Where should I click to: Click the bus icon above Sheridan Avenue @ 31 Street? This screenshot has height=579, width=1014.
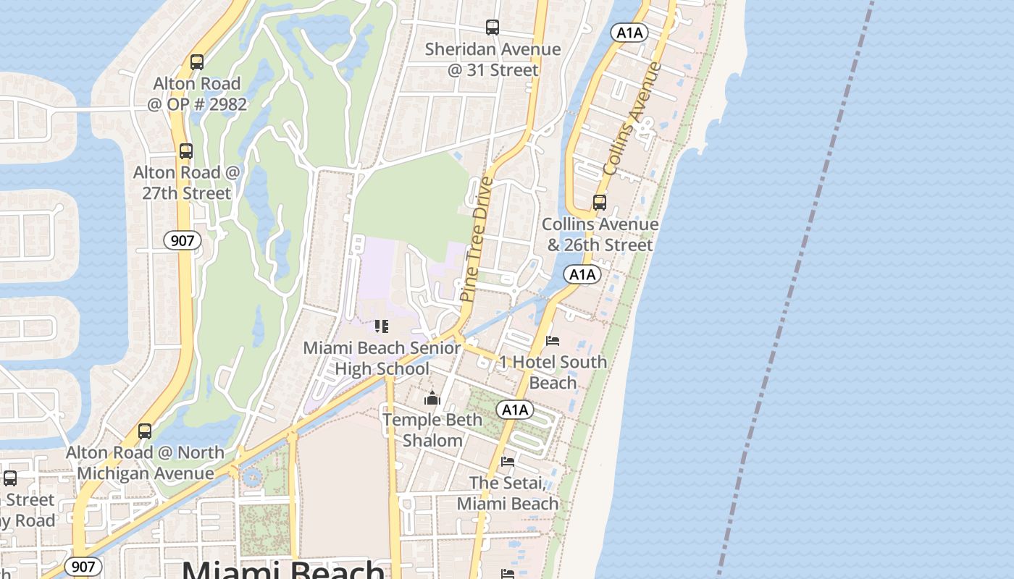point(493,28)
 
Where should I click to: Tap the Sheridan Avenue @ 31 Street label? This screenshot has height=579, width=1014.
point(493,59)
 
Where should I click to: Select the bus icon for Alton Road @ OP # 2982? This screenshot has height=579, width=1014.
point(197,62)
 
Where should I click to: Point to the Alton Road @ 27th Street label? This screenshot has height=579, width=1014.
point(186,182)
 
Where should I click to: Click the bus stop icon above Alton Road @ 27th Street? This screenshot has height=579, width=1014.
point(186,151)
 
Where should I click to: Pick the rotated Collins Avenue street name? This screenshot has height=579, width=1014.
point(632,118)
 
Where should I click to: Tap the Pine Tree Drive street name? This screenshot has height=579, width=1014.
point(476,239)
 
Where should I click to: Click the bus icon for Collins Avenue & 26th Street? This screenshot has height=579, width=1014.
point(600,203)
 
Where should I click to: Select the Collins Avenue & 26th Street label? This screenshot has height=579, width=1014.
point(600,234)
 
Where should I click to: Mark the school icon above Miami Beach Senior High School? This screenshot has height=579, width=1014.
point(382,326)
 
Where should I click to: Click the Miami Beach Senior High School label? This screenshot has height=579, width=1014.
point(382,358)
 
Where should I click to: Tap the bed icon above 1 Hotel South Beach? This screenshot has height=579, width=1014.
point(553,340)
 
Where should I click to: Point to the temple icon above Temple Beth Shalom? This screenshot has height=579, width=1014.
point(432,398)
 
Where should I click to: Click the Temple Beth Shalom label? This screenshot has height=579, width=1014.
point(432,430)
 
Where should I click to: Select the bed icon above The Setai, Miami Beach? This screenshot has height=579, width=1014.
point(508,461)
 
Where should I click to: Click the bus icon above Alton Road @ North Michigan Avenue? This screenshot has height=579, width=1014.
point(145,431)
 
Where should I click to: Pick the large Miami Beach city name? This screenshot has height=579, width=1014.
point(283,569)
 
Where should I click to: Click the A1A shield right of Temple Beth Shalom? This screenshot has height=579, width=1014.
point(515,410)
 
